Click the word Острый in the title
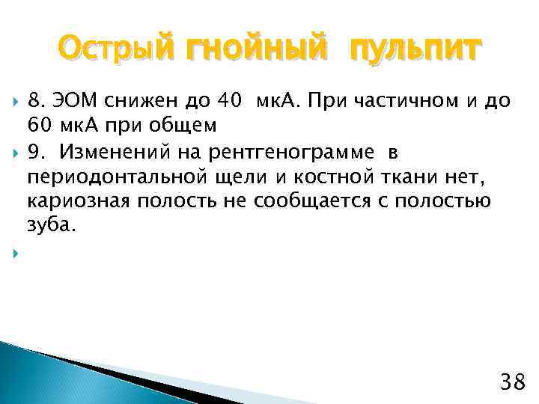point(112,51)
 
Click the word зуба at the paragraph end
point(49,224)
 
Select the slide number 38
point(512,384)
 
